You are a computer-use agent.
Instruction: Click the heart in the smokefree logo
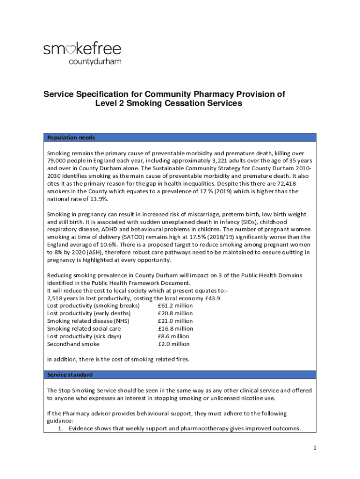click(x=70, y=50)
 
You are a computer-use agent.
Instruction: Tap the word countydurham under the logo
click(x=95, y=61)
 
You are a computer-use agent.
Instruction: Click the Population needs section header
click(x=71, y=138)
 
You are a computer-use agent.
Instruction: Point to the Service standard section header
click(x=70, y=375)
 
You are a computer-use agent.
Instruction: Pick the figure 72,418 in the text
click(x=287, y=183)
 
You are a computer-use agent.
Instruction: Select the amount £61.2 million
click(x=175, y=306)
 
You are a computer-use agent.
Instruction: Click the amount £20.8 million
click(x=175, y=313)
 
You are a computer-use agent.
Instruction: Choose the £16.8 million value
click(x=175, y=329)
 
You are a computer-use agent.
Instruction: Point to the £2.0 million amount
click(x=174, y=344)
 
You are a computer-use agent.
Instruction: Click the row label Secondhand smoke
click(x=73, y=344)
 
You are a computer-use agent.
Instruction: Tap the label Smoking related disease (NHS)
click(x=88, y=321)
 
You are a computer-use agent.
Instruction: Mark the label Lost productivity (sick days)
click(x=84, y=336)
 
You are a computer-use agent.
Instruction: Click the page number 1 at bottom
click(x=315, y=448)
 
